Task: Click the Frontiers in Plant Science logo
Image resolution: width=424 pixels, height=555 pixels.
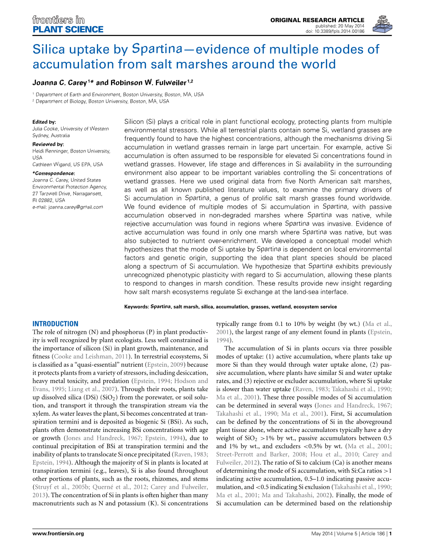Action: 68,25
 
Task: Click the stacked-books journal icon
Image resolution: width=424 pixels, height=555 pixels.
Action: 382,24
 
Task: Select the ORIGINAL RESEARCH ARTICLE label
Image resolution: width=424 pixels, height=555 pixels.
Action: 317,20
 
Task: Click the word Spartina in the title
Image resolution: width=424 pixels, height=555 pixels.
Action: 157,49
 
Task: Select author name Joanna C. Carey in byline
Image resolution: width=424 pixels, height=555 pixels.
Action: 59,83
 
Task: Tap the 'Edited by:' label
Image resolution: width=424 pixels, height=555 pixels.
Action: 44,122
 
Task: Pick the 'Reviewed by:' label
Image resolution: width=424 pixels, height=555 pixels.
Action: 48,144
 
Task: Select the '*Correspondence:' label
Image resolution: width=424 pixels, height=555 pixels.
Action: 54,173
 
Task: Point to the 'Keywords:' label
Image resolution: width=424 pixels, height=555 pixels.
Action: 136,307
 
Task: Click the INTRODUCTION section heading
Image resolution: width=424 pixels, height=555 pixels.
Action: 55,324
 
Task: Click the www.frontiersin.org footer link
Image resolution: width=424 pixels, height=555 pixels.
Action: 58,533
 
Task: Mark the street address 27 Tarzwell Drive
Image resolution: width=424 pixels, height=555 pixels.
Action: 54,193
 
